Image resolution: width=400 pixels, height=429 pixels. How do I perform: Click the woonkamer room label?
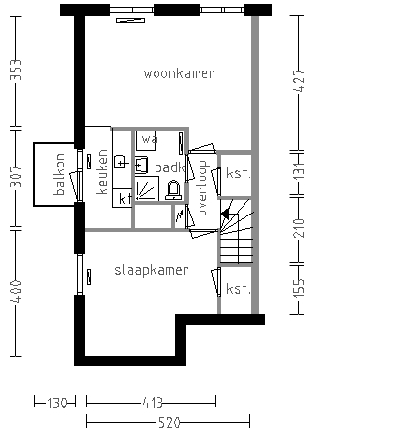(x=178, y=74)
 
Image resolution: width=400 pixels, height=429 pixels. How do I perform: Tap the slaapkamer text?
(x=152, y=269)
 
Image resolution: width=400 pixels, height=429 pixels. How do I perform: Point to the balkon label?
(x=59, y=175)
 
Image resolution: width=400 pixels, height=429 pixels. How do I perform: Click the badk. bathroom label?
(x=168, y=168)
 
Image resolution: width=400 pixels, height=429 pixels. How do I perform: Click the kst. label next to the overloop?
(x=237, y=173)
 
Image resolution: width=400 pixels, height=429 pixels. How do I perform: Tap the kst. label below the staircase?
(x=237, y=289)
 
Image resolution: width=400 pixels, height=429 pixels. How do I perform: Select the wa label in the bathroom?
(x=147, y=138)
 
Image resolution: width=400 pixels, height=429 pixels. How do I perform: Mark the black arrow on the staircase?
(x=225, y=212)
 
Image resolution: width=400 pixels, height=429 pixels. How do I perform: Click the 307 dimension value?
(x=15, y=176)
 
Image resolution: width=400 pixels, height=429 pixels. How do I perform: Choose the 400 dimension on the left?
(x=15, y=291)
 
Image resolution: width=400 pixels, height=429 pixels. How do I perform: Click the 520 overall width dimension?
(x=170, y=422)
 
